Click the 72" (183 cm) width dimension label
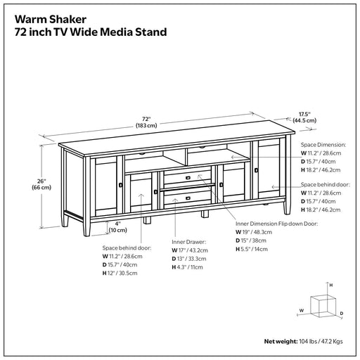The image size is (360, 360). tap(146, 122)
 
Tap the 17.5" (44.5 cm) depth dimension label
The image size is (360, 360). tap(304, 117)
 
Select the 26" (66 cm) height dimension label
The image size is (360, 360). tap(41, 184)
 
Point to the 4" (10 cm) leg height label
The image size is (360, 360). tap(118, 227)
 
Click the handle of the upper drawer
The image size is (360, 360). tap(188, 178)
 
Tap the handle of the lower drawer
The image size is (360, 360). tap(188, 198)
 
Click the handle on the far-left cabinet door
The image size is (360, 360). tap(121, 185)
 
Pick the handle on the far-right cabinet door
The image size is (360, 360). tap(257, 170)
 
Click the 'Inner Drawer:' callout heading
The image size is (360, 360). tap(188, 242)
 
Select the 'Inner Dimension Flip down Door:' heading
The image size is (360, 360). tap(276, 224)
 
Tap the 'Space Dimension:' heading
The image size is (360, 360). tap(323, 145)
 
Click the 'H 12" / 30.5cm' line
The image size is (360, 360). tap(120, 273)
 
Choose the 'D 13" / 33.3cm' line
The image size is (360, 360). tap(189, 259)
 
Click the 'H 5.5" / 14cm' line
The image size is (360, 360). tap(252, 249)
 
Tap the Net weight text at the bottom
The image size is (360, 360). tap(303, 342)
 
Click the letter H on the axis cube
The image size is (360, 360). tap(331, 285)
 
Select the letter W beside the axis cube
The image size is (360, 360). tap(302, 311)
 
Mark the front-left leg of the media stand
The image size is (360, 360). tap(86, 228)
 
